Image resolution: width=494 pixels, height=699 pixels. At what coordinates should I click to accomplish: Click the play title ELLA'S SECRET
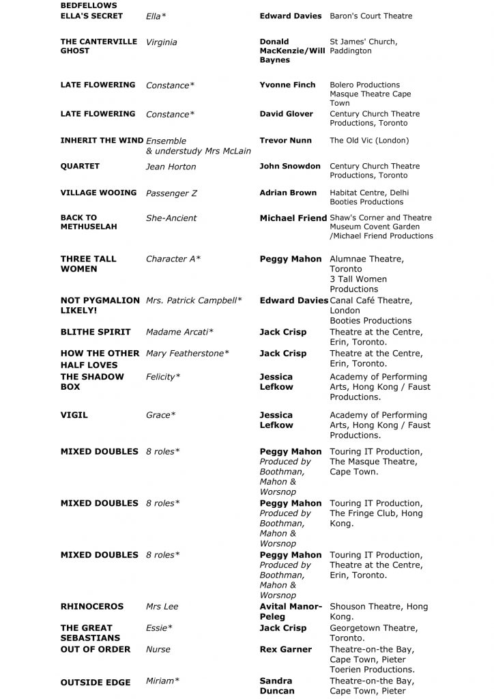tap(91, 16)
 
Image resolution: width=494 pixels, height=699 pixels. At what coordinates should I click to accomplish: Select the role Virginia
tap(161, 42)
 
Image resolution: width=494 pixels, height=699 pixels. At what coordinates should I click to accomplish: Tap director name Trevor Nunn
tap(285, 141)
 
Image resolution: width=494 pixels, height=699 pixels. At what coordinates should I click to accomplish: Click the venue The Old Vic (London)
tap(369, 141)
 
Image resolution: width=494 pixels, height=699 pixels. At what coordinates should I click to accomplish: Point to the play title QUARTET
tap(80, 167)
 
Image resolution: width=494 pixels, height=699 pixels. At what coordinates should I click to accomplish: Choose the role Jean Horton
tap(171, 167)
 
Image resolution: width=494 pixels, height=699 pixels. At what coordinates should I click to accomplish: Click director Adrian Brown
tap(288, 193)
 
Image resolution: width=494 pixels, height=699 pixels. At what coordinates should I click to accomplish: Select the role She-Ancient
tap(171, 218)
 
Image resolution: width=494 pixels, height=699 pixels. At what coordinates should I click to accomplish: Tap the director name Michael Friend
tap(293, 218)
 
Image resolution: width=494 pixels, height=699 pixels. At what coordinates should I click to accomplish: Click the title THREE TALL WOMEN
tap(88, 263)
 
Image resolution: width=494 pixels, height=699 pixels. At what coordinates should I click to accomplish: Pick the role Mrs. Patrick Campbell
tap(194, 300)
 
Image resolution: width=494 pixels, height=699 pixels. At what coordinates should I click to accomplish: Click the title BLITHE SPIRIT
tap(96, 332)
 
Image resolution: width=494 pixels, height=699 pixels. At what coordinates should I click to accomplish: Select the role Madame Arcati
tap(179, 332)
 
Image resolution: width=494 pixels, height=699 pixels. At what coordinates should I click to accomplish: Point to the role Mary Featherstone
tap(188, 354)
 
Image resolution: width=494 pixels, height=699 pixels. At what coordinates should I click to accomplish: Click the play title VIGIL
tap(74, 415)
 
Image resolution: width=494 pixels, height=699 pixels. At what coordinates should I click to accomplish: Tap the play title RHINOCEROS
tap(92, 607)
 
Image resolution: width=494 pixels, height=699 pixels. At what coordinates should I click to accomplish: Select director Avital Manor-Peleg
tap(290, 612)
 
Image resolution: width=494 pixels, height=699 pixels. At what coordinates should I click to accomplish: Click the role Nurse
tap(158, 650)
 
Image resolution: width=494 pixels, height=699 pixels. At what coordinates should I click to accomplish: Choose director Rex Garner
tap(285, 650)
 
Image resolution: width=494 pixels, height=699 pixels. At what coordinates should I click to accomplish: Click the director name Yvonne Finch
tap(287, 85)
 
